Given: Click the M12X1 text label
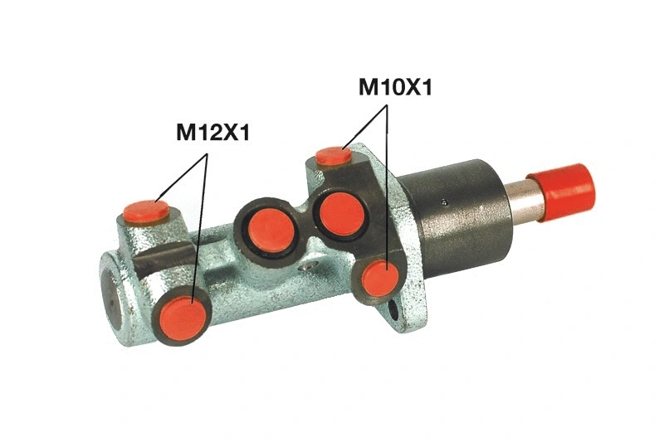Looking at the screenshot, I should coord(212,132).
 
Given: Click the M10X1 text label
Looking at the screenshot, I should coord(395,87).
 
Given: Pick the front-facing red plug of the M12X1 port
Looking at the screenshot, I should coord(182,318).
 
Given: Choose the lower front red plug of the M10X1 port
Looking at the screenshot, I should coord(380,277).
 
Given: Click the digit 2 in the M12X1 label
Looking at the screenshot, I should coord(207,132).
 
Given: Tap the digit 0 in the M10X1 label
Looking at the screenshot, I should coord(395,87).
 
